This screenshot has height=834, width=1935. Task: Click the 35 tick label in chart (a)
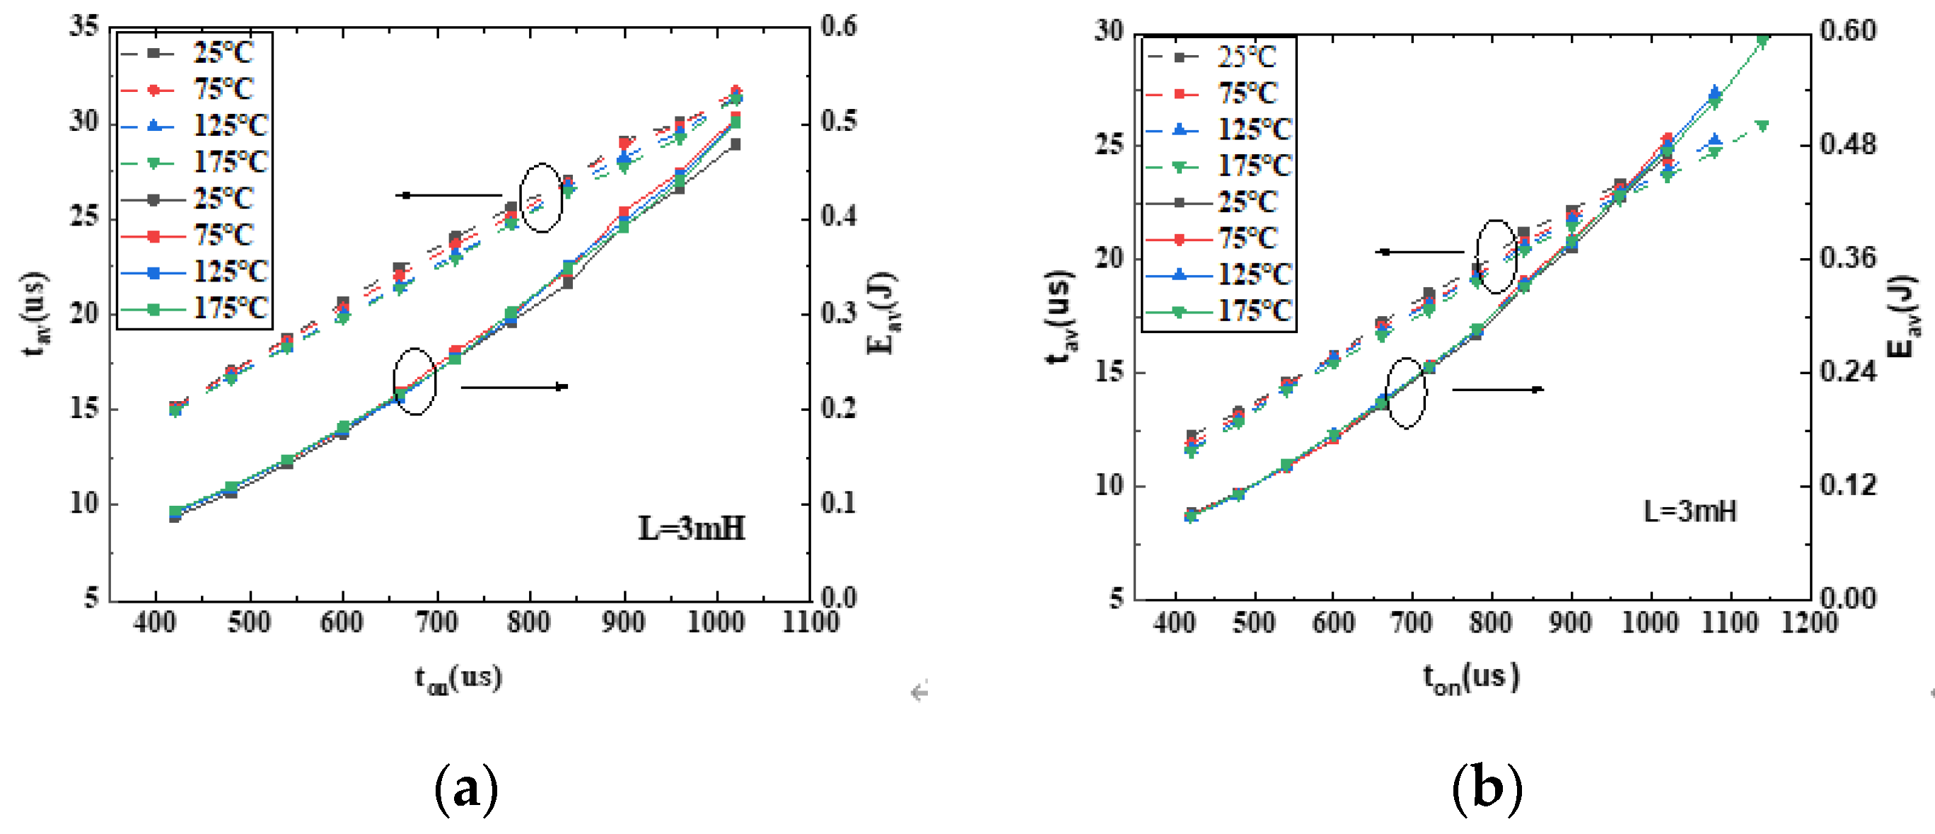coord(83,26)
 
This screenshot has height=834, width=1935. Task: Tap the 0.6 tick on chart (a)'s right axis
coord(838,26)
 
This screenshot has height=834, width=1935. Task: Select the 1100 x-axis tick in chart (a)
coord(810,622)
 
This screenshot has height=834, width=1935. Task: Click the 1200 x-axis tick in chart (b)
coord(1809,622)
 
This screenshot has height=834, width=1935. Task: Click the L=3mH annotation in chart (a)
coord(691,528)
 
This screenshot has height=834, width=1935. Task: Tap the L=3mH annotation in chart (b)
coord(1690,511)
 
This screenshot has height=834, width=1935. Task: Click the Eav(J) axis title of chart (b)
coord(1904,315)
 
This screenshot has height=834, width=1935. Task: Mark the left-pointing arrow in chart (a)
coord(449,195)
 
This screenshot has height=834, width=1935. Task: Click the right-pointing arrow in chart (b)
coord(1497,389)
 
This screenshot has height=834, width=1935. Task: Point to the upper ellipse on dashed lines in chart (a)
coord(541,197)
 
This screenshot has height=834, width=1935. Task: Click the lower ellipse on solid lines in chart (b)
coord(1405,393)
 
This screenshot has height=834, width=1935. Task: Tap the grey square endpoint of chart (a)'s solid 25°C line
coord(736,144)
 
